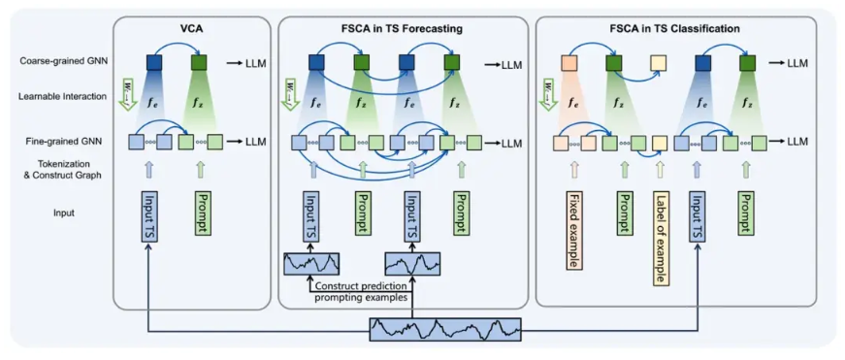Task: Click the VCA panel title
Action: point(191,28)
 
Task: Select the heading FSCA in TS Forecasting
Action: point(403,28)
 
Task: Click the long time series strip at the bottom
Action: point(446,330)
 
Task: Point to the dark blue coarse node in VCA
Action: point(155,63)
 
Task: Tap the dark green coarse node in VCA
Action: point(199,63)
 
